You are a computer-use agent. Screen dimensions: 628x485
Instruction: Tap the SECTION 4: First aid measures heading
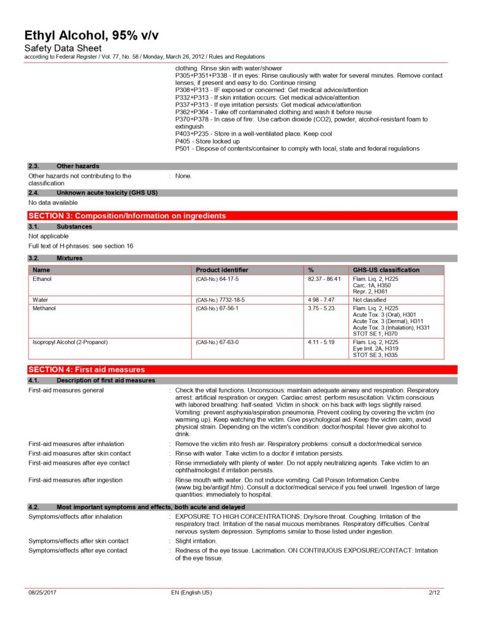point(86,370)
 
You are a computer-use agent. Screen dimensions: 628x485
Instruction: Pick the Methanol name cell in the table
point(44,308)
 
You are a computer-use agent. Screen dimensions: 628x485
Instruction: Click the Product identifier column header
point(222,270)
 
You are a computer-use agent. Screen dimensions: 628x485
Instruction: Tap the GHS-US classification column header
point(386,270)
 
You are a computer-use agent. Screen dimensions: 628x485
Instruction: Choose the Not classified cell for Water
point(370,300)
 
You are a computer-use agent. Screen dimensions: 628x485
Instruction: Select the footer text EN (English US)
point(191,592)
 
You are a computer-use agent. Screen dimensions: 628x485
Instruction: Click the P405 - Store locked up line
point(207,141)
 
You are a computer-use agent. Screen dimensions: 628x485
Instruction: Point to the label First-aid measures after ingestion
point(75,480)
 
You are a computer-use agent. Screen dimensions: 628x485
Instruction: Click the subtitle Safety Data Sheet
point(63,48)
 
